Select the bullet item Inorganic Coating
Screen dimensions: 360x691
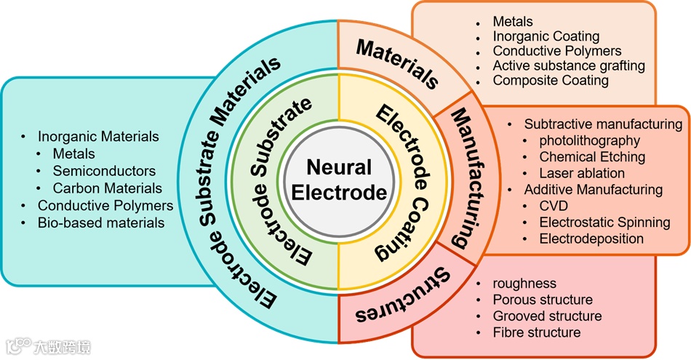(x=546, y=36)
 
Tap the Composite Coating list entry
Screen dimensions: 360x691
(x=551, y=80)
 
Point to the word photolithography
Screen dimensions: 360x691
(x=589, y=140)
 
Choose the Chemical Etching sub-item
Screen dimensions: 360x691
(x=592, y=156)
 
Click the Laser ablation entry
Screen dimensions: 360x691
(x=582, y=173)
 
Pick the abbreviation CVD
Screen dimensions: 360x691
(x=554, y=206)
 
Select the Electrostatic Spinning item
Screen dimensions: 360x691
(x=604, y=222)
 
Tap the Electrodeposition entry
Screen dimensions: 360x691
(x=591, y=238)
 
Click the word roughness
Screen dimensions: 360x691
(x=524, y=284)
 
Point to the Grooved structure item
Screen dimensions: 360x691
(x=547, y=316)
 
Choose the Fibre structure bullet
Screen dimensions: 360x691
(x=537, y=332)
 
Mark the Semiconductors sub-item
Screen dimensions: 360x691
(x=104, y=171)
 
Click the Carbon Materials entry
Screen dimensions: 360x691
(x=108, y=188)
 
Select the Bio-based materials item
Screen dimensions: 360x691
(x=101, y=222)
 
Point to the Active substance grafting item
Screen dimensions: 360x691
(x=569, y=65)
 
